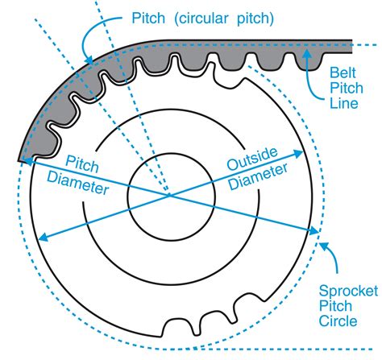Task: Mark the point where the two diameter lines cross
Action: [168, 194]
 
